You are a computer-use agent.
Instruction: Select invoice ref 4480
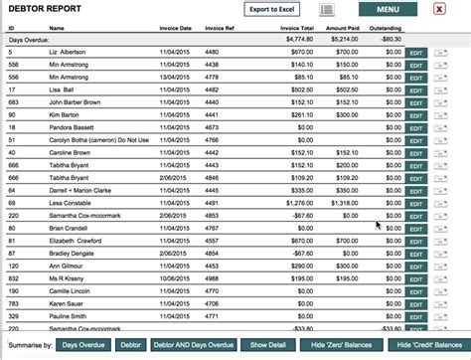213,51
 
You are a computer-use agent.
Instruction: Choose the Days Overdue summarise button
81,344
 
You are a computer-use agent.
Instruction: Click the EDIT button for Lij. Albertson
415,51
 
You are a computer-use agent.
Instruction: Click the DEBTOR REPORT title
45,9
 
